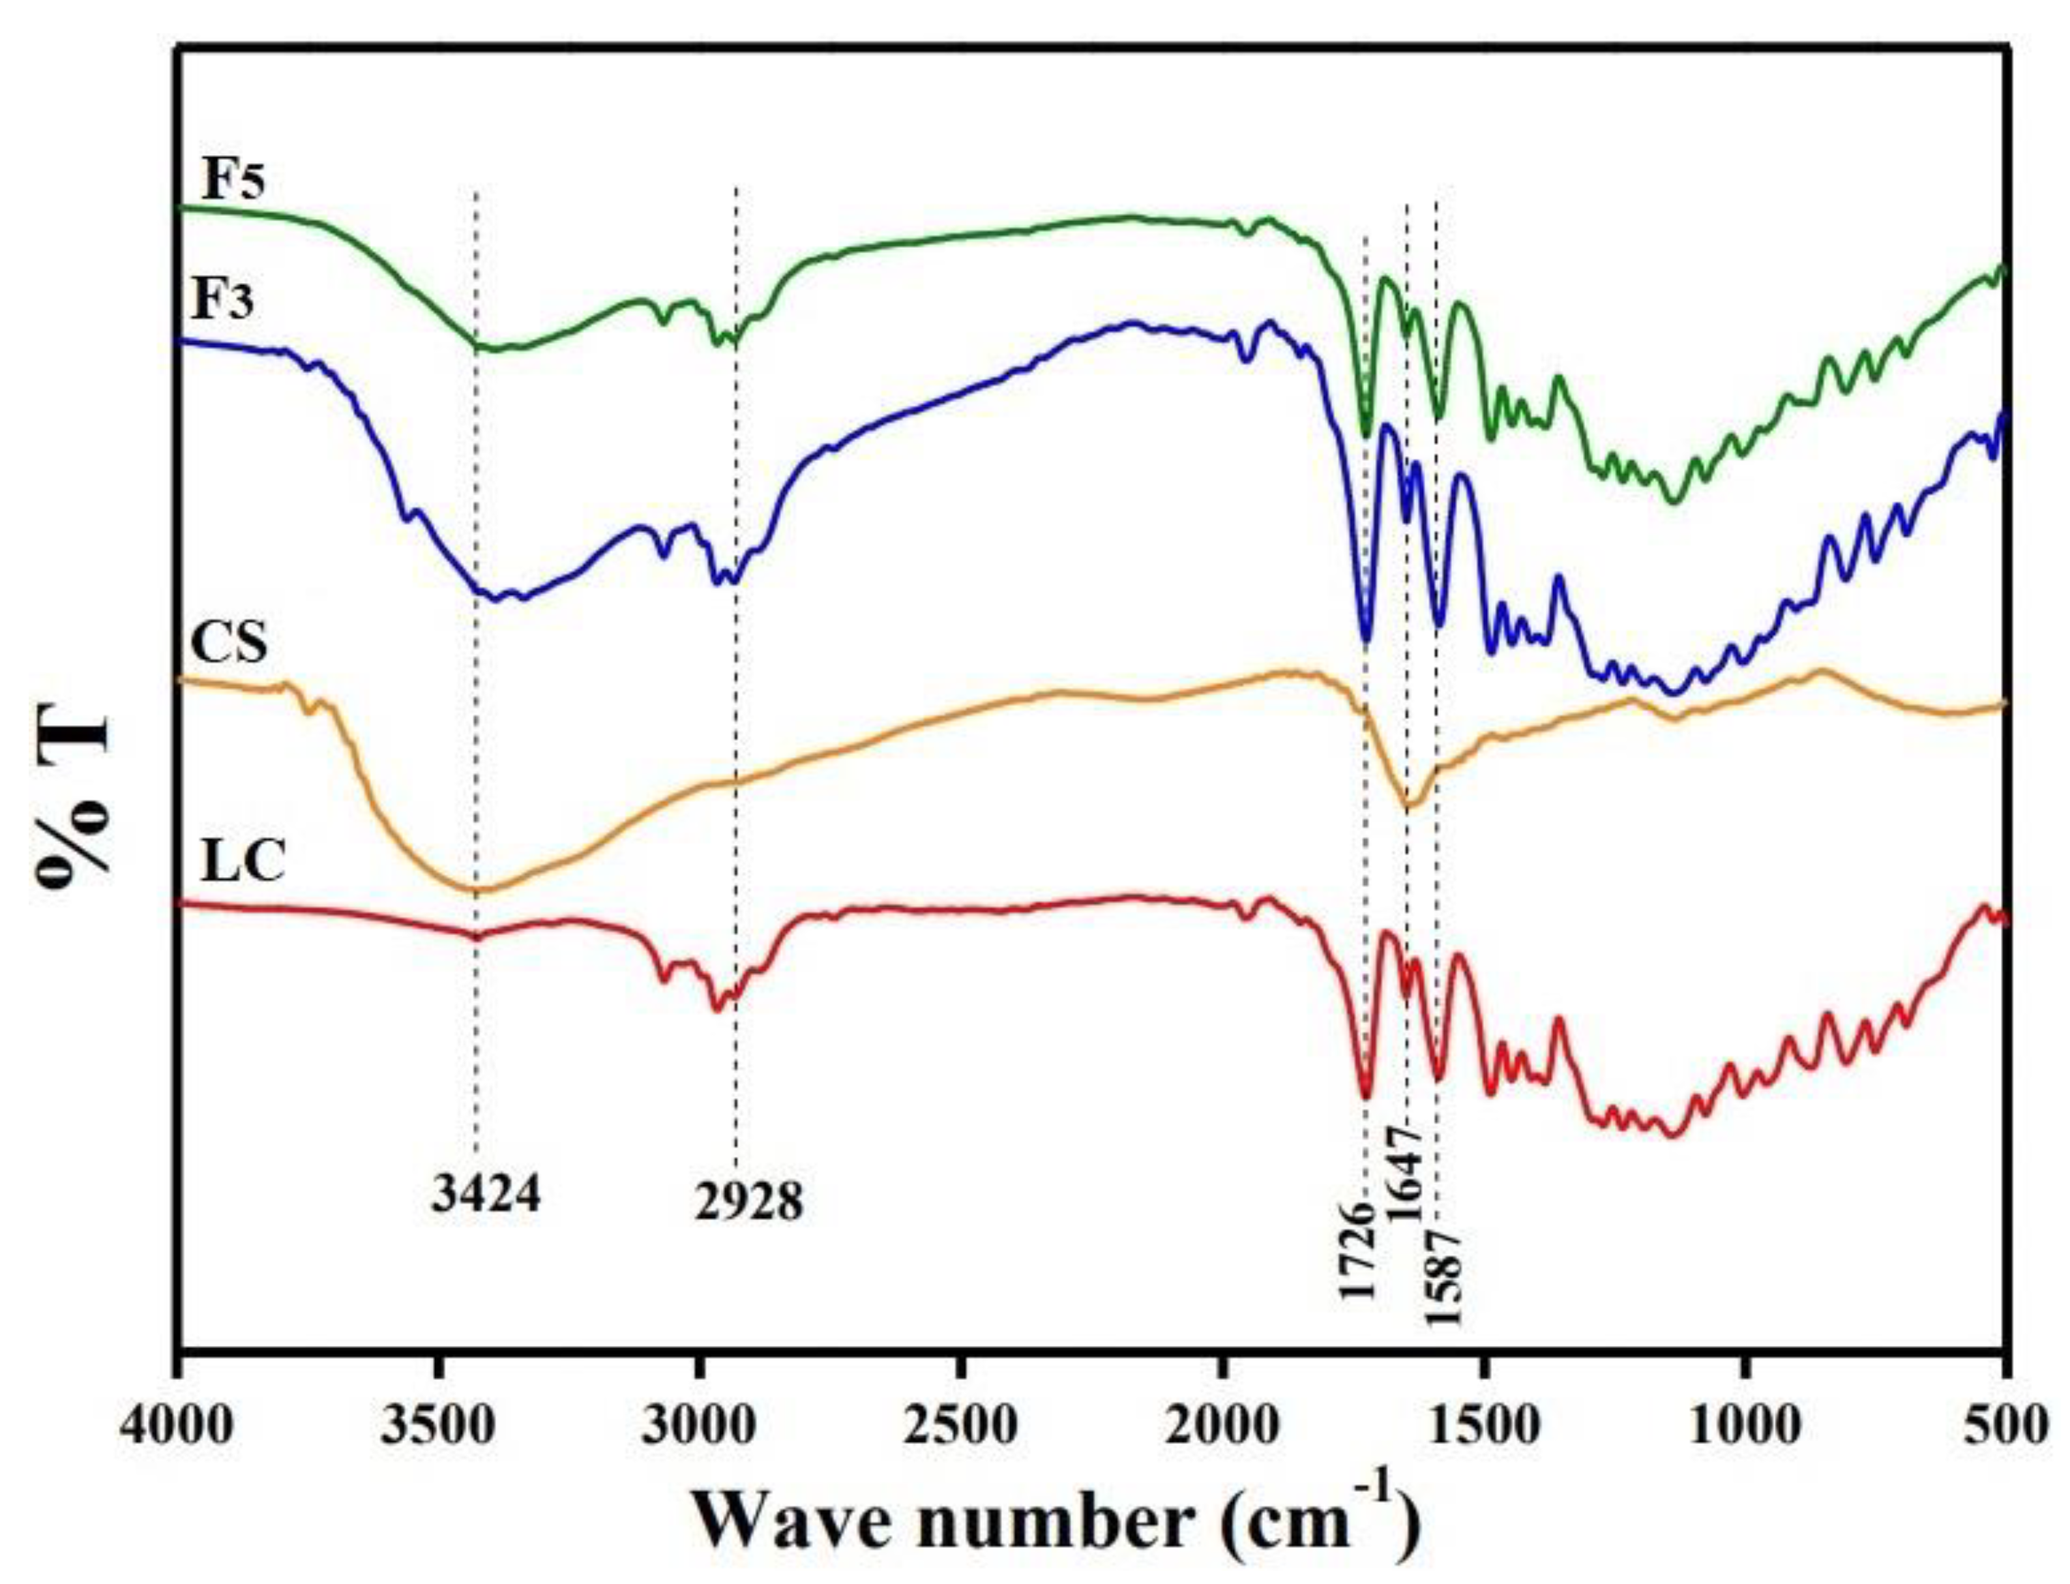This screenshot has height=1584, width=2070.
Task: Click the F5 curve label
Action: [234, 179]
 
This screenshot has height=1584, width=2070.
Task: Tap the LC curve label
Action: [243, 861]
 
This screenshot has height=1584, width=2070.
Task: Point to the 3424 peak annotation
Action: [486, 1195]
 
